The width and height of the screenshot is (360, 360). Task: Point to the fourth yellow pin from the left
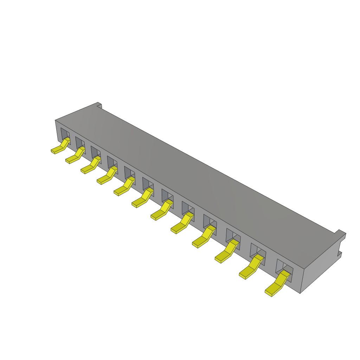[x=105, y=177]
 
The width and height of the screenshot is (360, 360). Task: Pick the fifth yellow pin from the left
[x=123, y=188]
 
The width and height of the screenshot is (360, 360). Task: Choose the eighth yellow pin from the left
[x=181, y=224]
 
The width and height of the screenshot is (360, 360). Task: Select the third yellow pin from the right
[x=226, y=253]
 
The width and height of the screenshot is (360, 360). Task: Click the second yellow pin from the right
[x=251, y=269]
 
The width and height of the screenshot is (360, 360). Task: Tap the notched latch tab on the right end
[x=340, y=243]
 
